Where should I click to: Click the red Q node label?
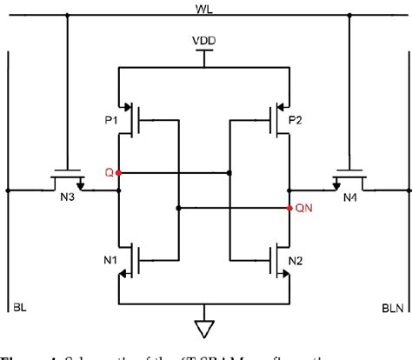point(109,173)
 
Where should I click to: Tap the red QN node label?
point(303,209)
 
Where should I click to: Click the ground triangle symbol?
point(204,328)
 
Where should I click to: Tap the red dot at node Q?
point(118,173)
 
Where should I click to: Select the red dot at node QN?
point(289,208)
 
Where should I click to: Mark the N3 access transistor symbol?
point(66,178)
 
